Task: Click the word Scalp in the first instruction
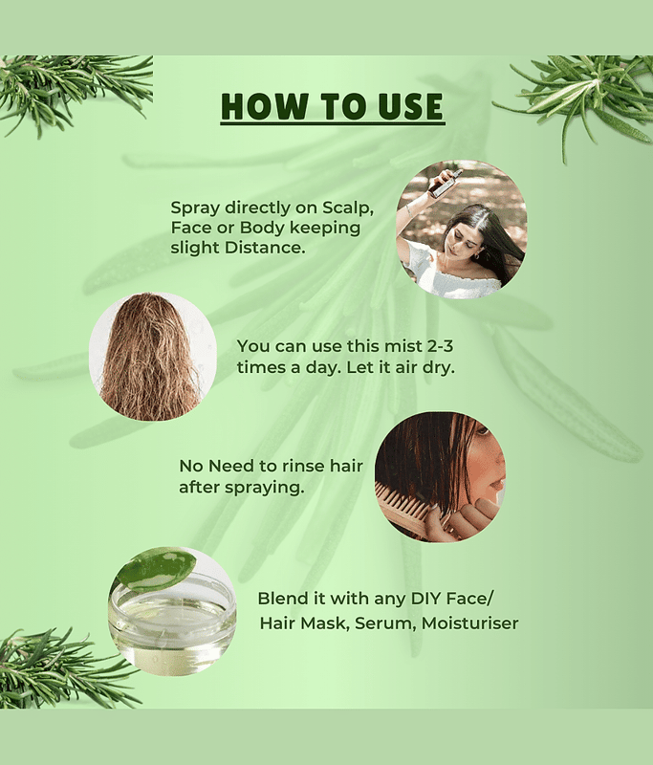[x=348, y=208]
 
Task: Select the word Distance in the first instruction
[x=264, y=248]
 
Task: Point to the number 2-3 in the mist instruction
[x=440, y=346]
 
